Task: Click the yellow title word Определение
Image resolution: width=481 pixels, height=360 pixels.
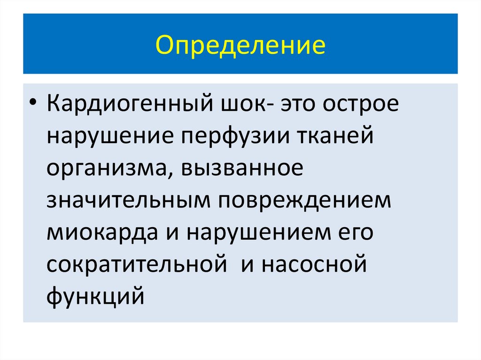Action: [x=240, y=46]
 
